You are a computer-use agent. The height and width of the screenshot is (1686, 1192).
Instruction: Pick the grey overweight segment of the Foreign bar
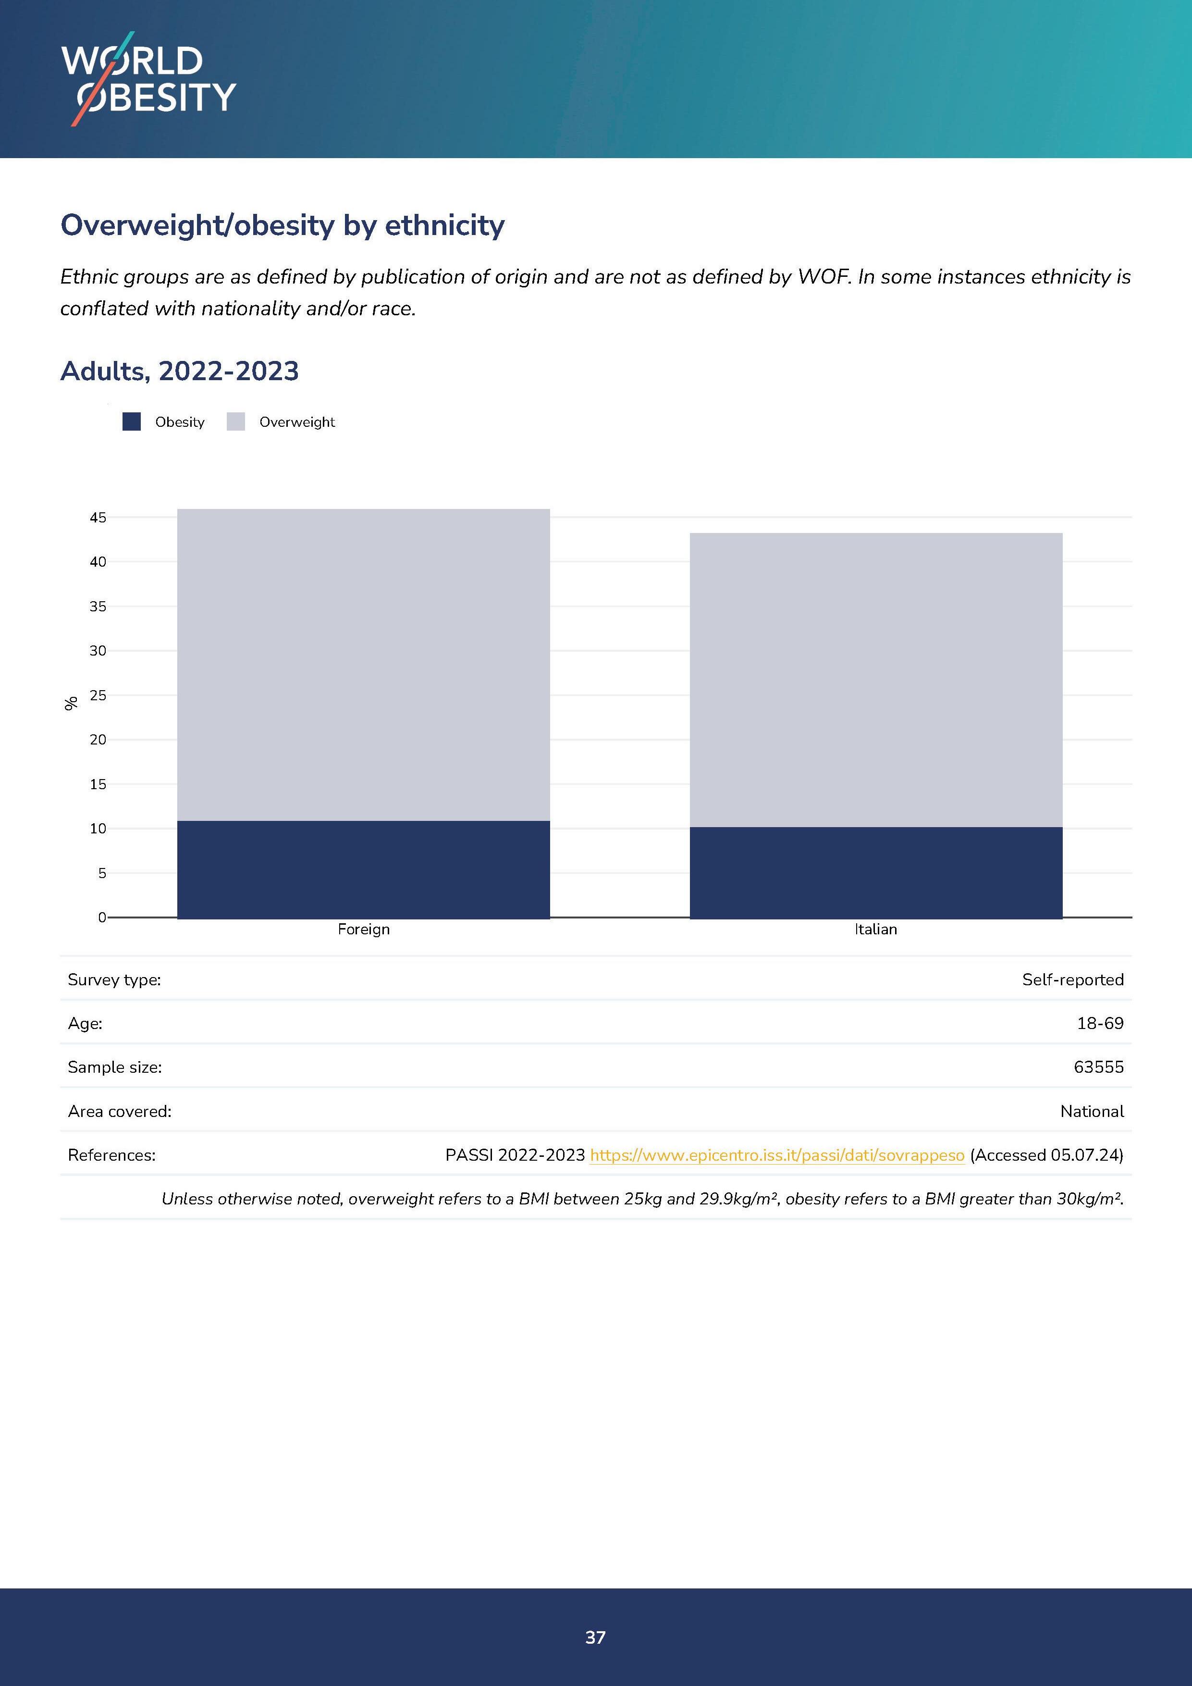(x=363, y=665)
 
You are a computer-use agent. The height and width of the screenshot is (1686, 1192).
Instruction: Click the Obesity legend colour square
(x=131, y=421)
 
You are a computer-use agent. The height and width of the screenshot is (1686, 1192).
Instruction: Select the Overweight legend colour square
(x=235, y=421)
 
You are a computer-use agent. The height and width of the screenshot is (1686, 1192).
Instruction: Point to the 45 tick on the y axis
(x=98, y=518)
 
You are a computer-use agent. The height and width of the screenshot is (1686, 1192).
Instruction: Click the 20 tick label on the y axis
(x=98, y=740)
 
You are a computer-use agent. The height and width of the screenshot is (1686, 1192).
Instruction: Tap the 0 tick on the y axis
(x=102, y=917)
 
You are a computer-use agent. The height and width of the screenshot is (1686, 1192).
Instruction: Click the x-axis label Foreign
(x=363, y=929)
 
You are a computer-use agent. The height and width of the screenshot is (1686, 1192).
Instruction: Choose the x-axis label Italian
(x=876, y=929)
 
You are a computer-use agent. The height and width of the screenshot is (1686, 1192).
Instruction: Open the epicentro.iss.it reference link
(x=776, y=1155)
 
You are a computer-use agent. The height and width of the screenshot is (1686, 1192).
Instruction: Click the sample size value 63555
(x=1098, y=1067)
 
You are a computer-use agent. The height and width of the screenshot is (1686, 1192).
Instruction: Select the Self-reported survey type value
(x=1072, y=979)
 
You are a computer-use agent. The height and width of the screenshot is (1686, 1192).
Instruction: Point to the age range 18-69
(x=1100, y=1023)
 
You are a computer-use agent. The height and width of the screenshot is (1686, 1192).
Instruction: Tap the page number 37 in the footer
(x=595, y=1637)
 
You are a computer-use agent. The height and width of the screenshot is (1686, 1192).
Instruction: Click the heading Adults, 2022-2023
(x=180, y=371)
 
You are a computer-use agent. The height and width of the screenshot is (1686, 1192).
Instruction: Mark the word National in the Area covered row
(x=1092, y=1111)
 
